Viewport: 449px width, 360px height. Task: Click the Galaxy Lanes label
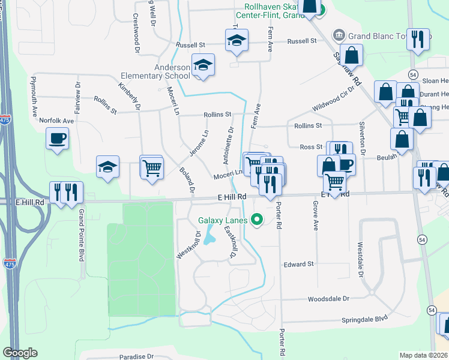(223, 220)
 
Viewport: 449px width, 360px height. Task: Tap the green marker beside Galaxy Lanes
(257, 220)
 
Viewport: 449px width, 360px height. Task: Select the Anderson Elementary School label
(155, 72)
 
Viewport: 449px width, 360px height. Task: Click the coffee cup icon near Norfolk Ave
(58, 139)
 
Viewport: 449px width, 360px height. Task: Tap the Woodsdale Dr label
(328, 298)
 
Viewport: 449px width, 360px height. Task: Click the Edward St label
(299, 264)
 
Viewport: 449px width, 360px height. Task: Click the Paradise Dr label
(136, 356)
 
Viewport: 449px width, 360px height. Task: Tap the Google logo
(20, 353)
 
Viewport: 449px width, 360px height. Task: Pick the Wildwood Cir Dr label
(334, 99)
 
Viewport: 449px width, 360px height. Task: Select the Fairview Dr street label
(77, 94)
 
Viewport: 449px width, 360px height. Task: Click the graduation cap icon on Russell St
(237, 41)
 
